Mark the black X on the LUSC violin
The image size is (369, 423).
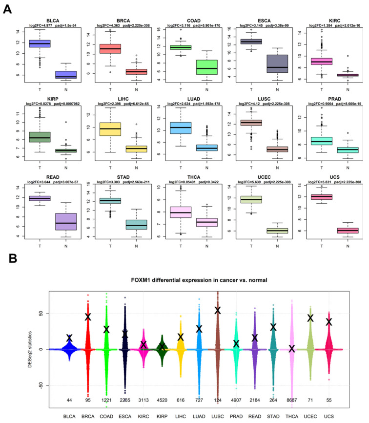click(x=218, y=310)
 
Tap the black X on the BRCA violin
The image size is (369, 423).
click(x=88, y=317)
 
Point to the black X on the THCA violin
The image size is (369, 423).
click(x=291, y=349)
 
